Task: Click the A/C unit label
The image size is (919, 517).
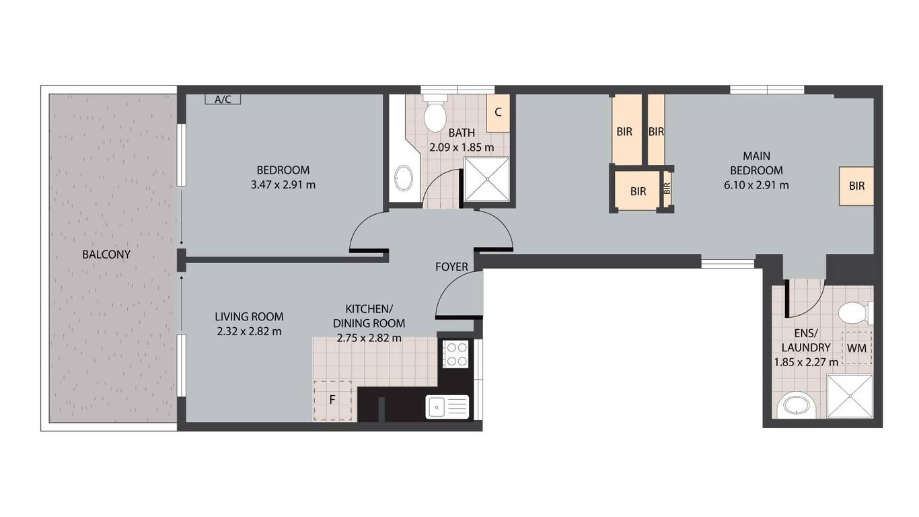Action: pyautogui.click(x=223, y=99)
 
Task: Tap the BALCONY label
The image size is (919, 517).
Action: pyautogui.click(x=106, y=254)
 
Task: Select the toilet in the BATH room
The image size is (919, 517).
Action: pyautogui.click(x=435, y=113)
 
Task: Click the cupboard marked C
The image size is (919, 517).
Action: pyautogui.click(x=498, y=113)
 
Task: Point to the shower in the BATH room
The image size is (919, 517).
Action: pyautogui.click(x=487, y=180)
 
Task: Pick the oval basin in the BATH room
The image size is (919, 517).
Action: pyautogui.click(x=403, y=178)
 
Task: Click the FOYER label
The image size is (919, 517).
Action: pyautogui.click(x=451, y=267)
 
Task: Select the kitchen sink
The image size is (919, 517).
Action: pyautogui.click(x=447, y=407)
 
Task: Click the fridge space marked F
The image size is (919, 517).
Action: pyautogui.click(x=333, y=401)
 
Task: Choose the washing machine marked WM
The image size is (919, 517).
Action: pyautogui.click(x=857, y=348)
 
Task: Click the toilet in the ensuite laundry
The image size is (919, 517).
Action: pyautogui.click(x=855, y=313)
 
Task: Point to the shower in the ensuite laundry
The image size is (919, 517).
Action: pyautogui.click(x=850, y=397)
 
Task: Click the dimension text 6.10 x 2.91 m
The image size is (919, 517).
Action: pyautogui.click(x=756, y=185)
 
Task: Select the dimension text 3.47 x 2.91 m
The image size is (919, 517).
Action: pyautogui.click(x=283, y=185)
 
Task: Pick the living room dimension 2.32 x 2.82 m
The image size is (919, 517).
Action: pyautogui.click(x=249, y=331)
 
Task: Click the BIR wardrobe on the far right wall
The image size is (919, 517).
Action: pyautogui.click(x=856, y=186)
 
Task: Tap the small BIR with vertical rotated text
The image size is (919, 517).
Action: pyautogui.click(x=667, y=188)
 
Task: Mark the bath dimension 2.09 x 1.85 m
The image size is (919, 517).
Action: pyautogui.click(x=462, y=147)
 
